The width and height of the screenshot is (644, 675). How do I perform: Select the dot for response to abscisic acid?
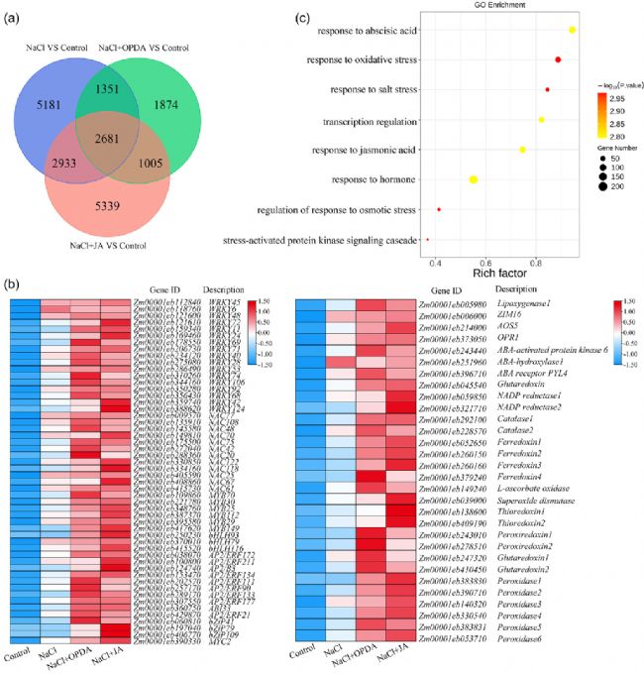pos(573,31)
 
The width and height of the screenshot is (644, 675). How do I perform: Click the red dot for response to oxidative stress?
pos(558,60)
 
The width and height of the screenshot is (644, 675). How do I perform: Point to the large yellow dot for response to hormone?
pos(474,179)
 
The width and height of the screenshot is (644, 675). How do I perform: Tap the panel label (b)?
pos(11,283)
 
